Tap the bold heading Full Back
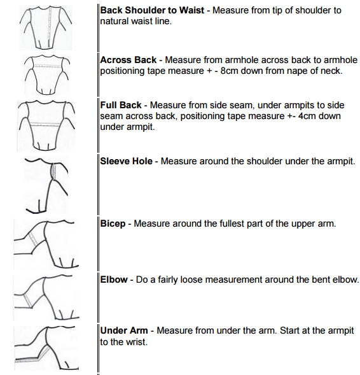pyautogui.click(x=121, y=105)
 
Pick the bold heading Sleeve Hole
pyautogui.click(x=127, y=161)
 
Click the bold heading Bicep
pyautogui.click(x=113, y=224)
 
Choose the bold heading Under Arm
pyautogui.click(x=125, y=331)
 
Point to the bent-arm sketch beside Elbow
pyautogui.click(x=45, y=297)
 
